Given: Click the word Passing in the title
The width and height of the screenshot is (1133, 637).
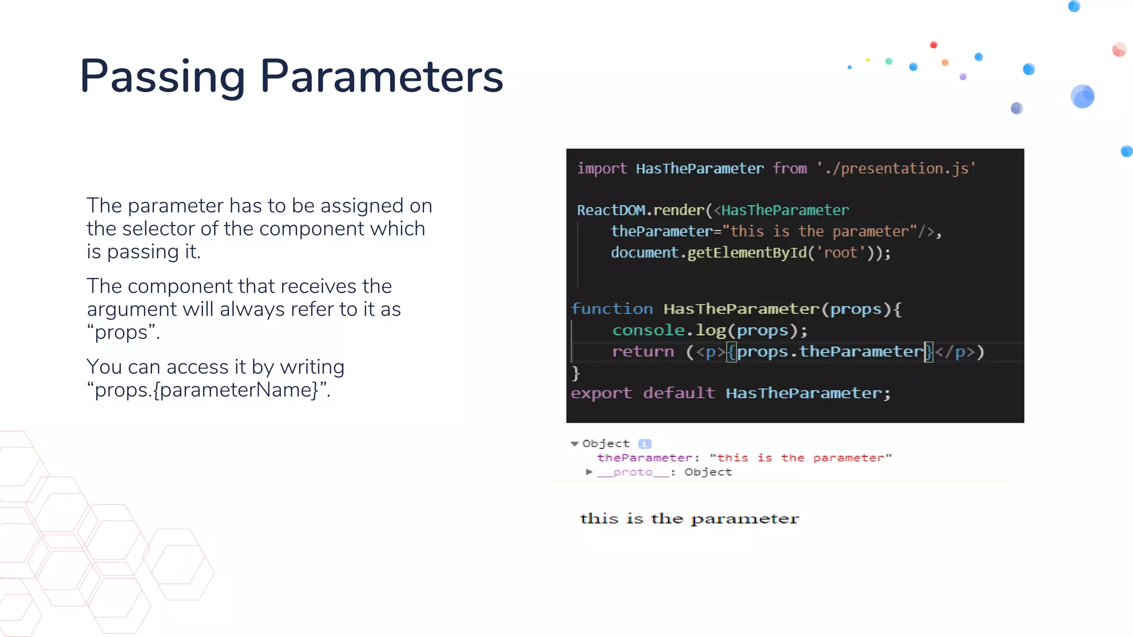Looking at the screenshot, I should pos(162,76).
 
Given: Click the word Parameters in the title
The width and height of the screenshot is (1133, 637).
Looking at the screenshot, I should pos(382,76).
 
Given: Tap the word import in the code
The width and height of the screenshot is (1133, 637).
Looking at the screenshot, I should pos(602,169).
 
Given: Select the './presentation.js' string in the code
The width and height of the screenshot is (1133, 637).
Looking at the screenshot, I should pos(896,169).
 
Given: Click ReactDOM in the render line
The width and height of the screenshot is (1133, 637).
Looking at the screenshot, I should pos(611,211).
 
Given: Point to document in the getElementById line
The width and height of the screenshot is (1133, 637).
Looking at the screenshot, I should pos(644,253).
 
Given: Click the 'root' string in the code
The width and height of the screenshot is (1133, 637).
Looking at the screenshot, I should pos(840,253).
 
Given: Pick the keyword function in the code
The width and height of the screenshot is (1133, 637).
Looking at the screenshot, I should pos(612,309).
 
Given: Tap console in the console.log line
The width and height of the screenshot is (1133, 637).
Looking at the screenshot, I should pos(648,331).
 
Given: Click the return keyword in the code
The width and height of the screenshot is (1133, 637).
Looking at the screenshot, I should pos(643,352).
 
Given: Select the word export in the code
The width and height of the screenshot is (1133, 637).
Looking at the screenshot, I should pos(601,393).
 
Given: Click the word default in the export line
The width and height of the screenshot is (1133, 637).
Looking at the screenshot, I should pos(679,393).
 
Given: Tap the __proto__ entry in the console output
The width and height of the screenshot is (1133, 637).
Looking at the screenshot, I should pos(633,472).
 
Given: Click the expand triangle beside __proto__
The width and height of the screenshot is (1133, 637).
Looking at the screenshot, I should pos(589,472).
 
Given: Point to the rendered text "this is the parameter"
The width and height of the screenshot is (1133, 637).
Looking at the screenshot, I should pos(689,519).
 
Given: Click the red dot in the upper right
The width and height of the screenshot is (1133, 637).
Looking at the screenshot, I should pos(933,45).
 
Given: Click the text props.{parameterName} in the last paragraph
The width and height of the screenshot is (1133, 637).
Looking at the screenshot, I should pos(208,390).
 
